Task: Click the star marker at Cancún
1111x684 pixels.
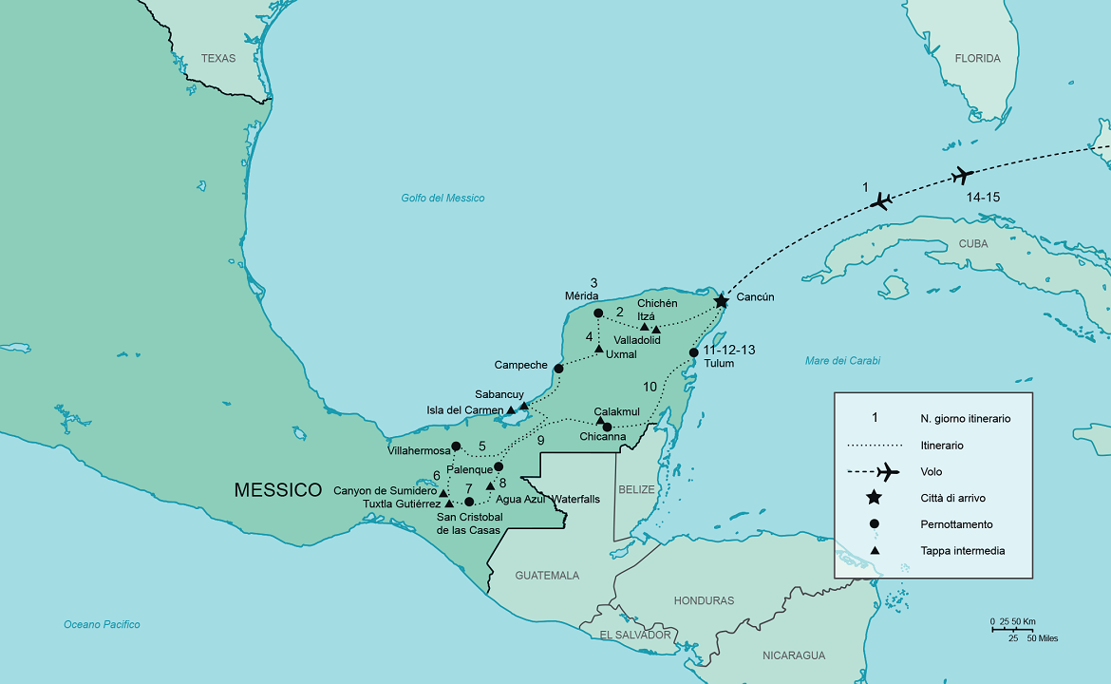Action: coord(721,301)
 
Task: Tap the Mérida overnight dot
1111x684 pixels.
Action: coord(598,313)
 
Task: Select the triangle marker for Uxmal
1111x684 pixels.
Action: coord(599,349)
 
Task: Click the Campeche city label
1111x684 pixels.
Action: coord(520,365)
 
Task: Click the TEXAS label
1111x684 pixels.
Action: coord(217,59)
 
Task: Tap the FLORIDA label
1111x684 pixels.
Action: coord(977,59)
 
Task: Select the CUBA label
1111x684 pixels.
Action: coord(973,244)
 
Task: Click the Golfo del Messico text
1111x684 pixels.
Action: coord(443,199)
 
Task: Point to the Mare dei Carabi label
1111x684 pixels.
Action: coord(842,361)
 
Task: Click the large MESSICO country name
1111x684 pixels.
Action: coord(278,490)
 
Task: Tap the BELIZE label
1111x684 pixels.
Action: coord(637,489)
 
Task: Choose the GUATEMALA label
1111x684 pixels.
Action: coord(547,576)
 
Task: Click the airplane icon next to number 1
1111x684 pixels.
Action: coord(883,200)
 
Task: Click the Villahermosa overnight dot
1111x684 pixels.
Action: coord(456,446)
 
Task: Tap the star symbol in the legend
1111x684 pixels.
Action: coord(874,498)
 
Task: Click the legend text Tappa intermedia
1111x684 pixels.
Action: coord(962,551)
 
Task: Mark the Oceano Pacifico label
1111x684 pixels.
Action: coord(102,625)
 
